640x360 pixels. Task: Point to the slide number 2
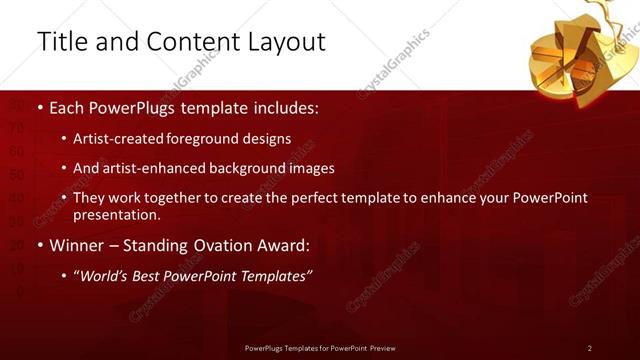click(x=590, y=348)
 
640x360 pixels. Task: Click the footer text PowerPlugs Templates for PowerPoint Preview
click(x=320, y=348)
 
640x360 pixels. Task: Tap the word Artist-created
click(x=119, y=138)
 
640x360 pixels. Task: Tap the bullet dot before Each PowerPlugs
click(x=39, y=106)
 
